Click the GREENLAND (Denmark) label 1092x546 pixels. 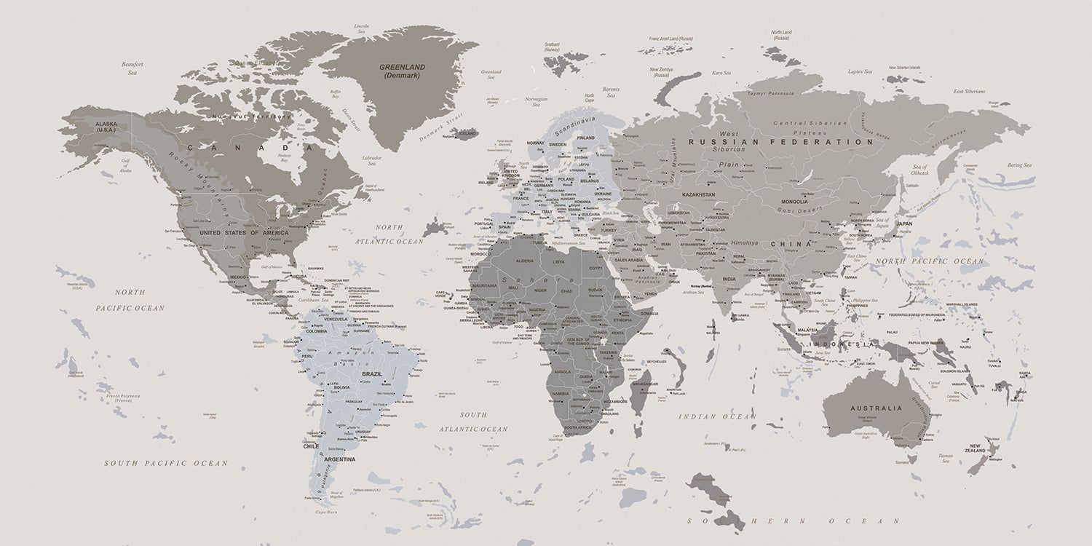tap(402, 71)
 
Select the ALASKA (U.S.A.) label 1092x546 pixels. tap(106, 127)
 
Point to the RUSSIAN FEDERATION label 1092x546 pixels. tap(780, 142)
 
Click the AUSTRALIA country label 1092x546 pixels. tap(876, 408)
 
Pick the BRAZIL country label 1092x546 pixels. tap(372, 374)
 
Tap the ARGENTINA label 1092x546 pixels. tap(340, 459)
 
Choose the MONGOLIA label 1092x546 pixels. tap(794, 202)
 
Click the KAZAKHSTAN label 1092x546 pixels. tap(698, 194)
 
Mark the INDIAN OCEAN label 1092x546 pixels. tap(717, 416)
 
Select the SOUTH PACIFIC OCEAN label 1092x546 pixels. tap(165, 463)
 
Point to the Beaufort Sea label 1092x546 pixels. tap(132, 68)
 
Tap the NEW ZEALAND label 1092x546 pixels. tap(977, 448)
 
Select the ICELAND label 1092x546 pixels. tap(466, 134)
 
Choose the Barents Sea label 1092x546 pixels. tap(611, 92)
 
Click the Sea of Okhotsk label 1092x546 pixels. tap(920, 170)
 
